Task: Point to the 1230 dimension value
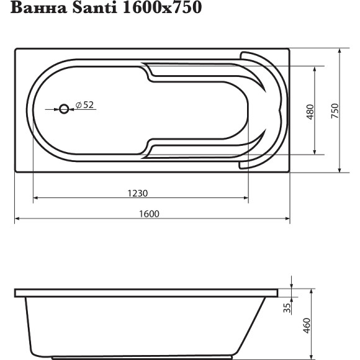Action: (137, 193)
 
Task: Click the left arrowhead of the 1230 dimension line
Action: (35, 199)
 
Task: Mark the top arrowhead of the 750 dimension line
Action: (340, 51)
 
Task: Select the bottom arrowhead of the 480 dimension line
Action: (317, 151)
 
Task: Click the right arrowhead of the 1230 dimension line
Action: (246, 199)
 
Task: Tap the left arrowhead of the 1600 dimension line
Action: (17, 219)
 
